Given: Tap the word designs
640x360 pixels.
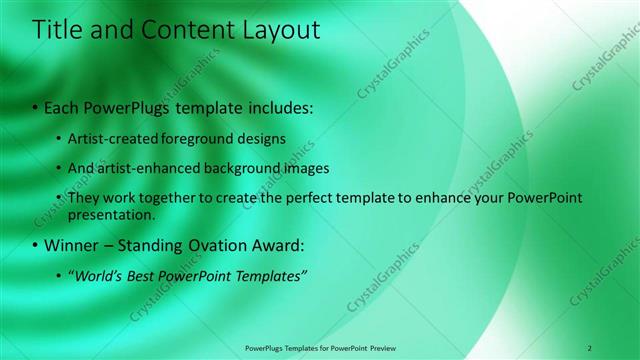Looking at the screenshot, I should coord(258,138).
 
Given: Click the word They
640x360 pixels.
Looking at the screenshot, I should coord(84,198).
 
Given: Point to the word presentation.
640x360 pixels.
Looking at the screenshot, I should coord(112,214).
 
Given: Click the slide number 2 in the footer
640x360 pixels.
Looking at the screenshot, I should coord(590,347).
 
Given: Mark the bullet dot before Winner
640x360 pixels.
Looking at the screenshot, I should coord(36,245).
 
